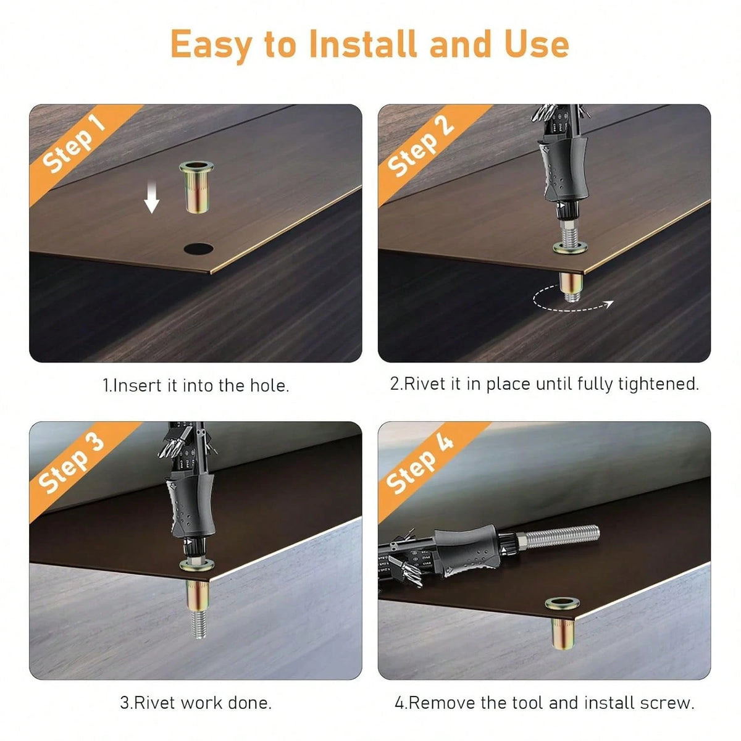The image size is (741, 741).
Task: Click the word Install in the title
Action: pos(363,44)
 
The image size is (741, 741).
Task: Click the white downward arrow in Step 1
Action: pos(151,198)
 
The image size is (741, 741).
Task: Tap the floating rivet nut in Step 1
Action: pos(196,187)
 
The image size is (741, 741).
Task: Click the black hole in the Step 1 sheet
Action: pos(198,249)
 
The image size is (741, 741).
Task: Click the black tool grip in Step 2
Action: pos(564,170)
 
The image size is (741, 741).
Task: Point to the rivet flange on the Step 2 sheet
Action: pos(569,248)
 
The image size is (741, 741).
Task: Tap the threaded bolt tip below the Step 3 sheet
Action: pos(198,622)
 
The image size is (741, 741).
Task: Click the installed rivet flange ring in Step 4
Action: pos(562,603)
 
